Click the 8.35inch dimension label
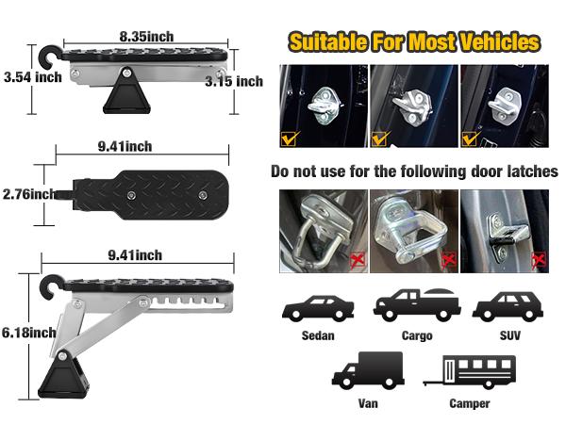(146, 36)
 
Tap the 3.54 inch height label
(32, 77)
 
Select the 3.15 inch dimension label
(234, 82)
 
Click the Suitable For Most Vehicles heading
(414, 42)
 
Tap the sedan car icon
(318, 309)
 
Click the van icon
(367, 370)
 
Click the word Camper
(470, 404)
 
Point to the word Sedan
(319, 334)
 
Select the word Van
(367, 404)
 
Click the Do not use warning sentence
(414, 172)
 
